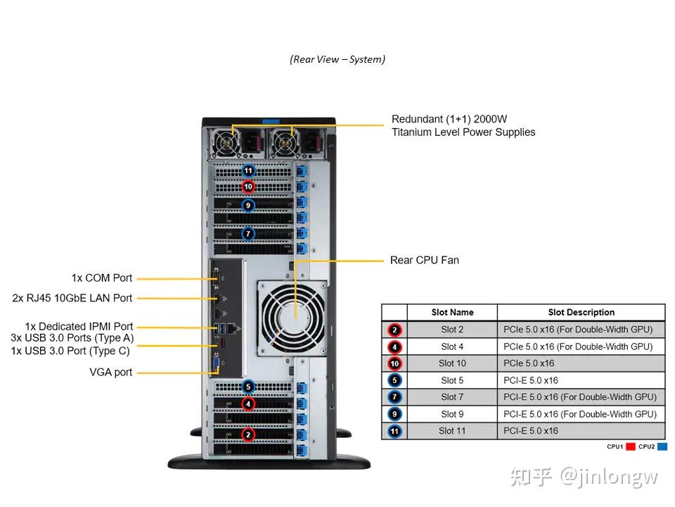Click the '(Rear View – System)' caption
pyautogui.click(x=337, y=59)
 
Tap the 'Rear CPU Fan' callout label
pyautogui.click(x=424, y=260)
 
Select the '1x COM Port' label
pyautogui.click(x=101, y=278)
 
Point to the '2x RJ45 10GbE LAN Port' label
pyautogui.click(x=72, y=298)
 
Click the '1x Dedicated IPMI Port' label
pyautogui.click(x=79, y=327)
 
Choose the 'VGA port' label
pyautogui.click(x=111, y=372)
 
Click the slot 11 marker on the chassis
pyautogui.click(x=247, y=170)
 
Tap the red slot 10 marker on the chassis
pyautogui.click(x=247, y=187)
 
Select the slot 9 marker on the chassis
pyautogui.click(x=247, y=206)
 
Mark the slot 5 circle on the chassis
pyautogui.click(x=247, y=387)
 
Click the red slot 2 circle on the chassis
pyautogui.click(x=247, y=434)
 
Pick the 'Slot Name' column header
pyautogui.click(x=452, y=313)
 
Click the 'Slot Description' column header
pyautogui.click(x=581, y=313)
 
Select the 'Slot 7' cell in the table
pyautogui.click(x=452, y=397)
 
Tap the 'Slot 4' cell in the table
pyautogui.click(x=452, y=346)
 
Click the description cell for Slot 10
pyautogui.click(x=581, y=363)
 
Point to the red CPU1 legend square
pyautogui.click(x=631, y=446)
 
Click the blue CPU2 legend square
pyautogui.click(x=662, y=446)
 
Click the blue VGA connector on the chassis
pyautogui.click(x=217, y=365)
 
